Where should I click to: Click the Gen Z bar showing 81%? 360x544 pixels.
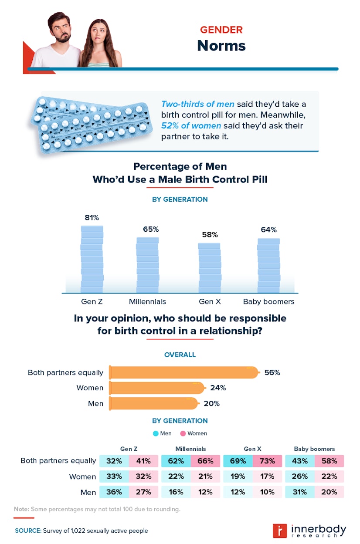click(x=92, y=259)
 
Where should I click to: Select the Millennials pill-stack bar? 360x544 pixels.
click(x=147, y=265)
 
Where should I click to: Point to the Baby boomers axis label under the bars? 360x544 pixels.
click(x=268, y=301)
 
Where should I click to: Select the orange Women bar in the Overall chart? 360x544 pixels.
click(x=156, y=388)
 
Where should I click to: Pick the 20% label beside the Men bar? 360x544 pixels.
click(x=211, y=403)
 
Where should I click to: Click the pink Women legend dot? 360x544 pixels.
click(x=183, y=433)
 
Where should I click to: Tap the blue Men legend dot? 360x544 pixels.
click(x=156, y=433)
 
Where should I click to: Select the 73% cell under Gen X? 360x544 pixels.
click(x=267, y=461)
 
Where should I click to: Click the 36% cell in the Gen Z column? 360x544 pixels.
click(x=114, y=492)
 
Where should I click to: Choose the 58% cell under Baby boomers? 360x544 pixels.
click(x=329, y=461)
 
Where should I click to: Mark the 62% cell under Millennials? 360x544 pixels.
click(x=176, y=461)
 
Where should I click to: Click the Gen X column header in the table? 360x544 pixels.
click(x=252, y=449)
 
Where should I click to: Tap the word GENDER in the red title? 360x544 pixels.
click(x=221, y=30)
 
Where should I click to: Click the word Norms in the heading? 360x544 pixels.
click(x=221, y=45)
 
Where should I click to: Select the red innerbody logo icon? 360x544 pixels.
click(x=279, y=530)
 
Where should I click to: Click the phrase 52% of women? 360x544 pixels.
click(x=186, y=126)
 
